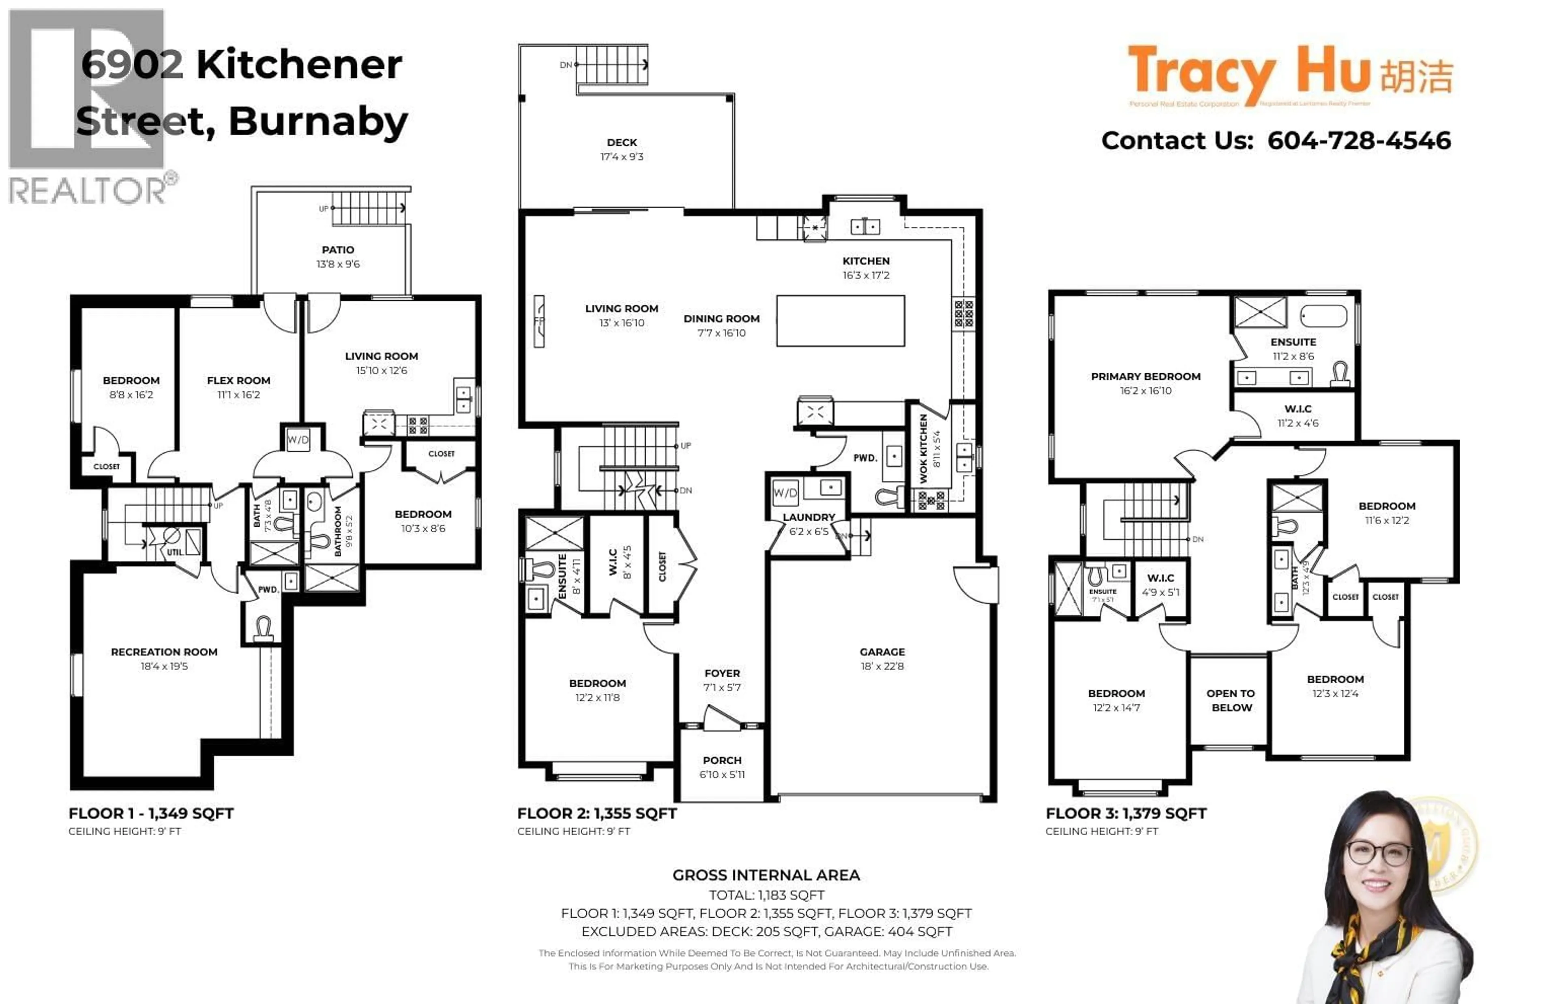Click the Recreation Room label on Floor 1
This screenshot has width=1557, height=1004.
[x=164, y=651]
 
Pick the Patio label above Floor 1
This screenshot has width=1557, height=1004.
[x=337, y=250]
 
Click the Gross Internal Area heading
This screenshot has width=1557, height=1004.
[x=766, y=875]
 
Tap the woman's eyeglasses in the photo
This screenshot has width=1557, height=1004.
[x=1378, y=851]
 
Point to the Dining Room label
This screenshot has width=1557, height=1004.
[x=721, y=318]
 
